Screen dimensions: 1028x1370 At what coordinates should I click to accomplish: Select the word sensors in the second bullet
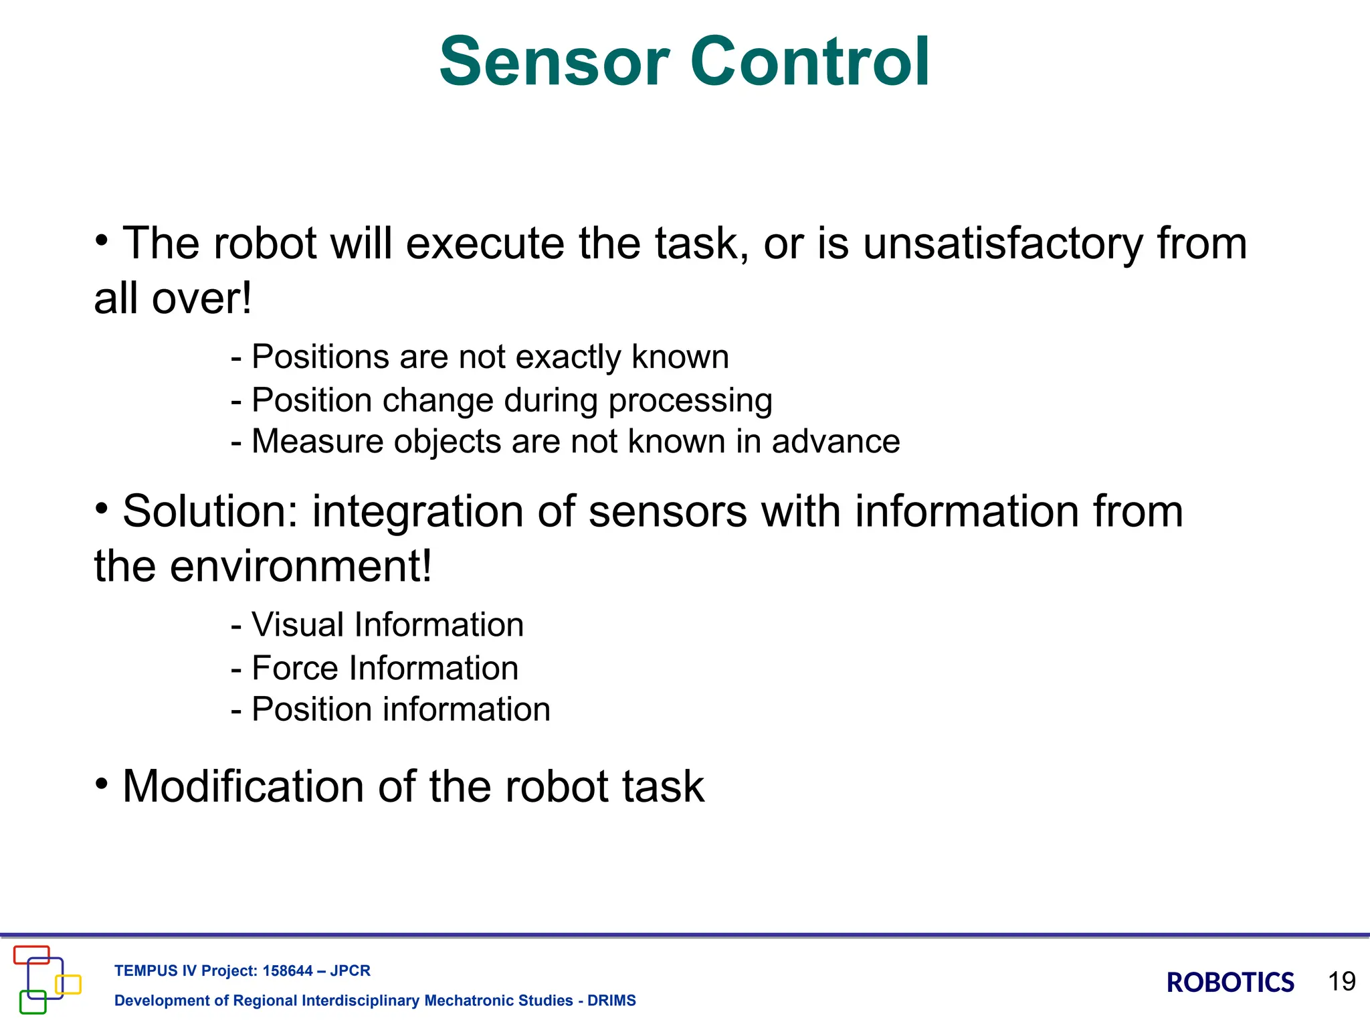[667, 511]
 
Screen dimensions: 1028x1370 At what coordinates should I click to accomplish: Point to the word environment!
[301, 566]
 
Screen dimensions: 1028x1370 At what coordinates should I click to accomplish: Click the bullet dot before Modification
[101, 784]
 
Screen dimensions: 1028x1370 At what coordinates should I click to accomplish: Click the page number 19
[1341, 981]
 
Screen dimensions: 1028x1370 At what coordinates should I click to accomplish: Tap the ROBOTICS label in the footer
[1230, 982]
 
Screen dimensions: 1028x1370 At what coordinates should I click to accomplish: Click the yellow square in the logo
[68, 984]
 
